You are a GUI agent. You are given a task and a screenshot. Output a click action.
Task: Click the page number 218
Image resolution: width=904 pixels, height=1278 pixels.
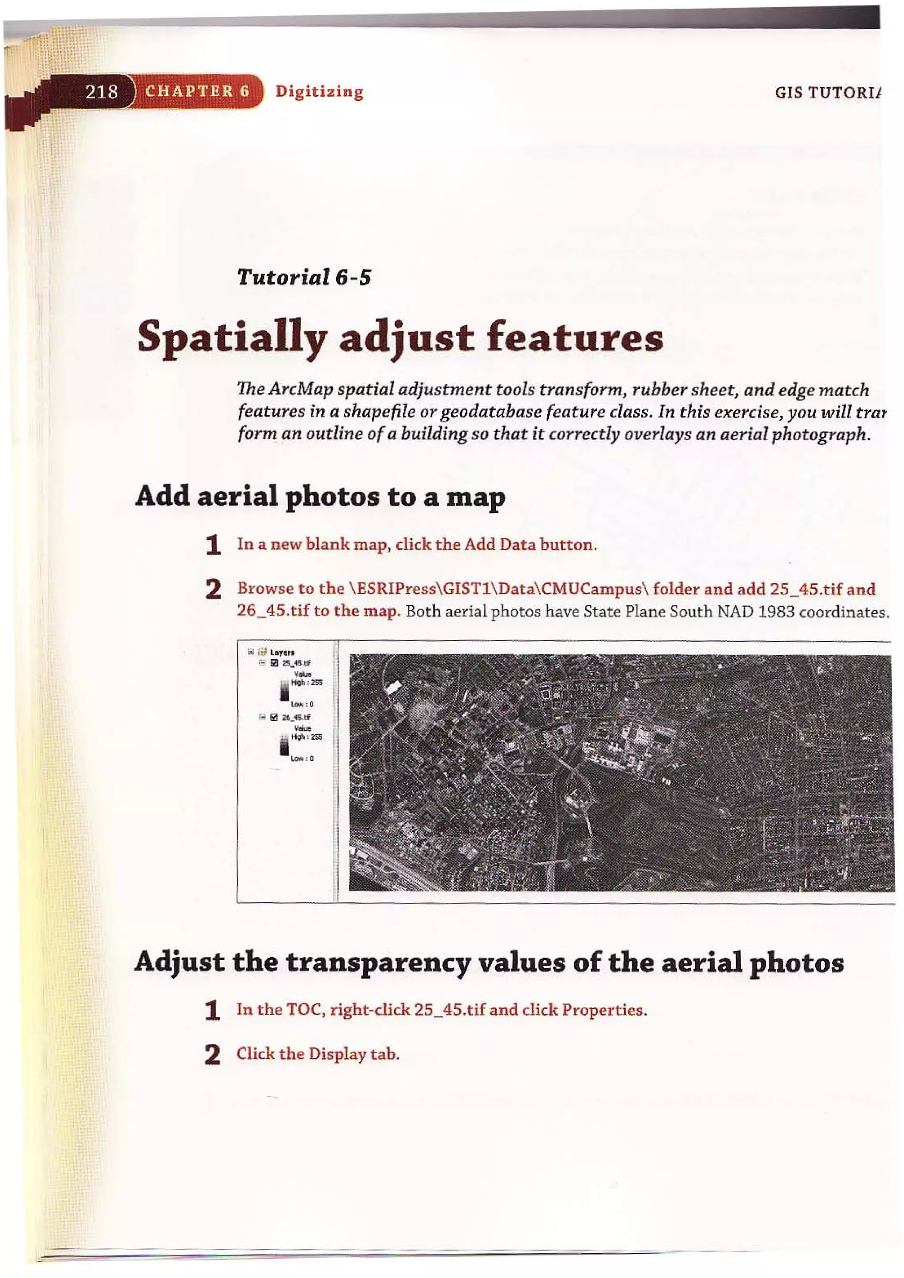pyautogui.click(x=102, y=91)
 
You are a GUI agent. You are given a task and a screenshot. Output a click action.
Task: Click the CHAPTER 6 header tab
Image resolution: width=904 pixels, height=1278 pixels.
pyautogui.click(x=197, y=91)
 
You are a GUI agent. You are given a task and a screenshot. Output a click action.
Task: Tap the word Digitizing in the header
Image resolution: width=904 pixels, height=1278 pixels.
pyautogui.click(x=319, y=91)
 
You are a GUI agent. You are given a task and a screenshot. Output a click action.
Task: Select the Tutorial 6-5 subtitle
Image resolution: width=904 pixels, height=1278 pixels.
pyautogui.click(x=304, y=277)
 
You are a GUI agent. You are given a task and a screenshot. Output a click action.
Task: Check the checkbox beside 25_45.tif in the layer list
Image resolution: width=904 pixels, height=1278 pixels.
pyautogui.click(x=274, y=663)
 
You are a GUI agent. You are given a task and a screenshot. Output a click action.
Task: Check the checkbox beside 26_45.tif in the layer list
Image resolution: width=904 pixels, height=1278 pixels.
pyautogui.click(x=274, y=717)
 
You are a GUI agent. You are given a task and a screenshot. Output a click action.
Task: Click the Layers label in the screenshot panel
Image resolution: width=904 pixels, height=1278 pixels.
pyautogui.click(x=282, y=652)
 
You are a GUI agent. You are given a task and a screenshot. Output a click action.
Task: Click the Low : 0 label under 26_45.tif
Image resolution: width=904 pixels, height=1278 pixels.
pyautogui.click(x=302, y=758)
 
